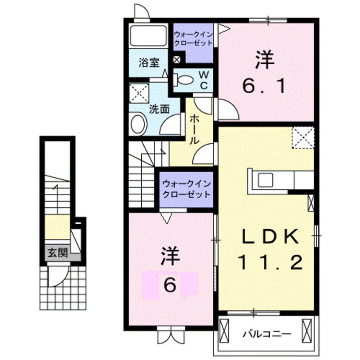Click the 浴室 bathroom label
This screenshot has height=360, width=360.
click(149, 63)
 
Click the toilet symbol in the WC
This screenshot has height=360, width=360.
click(185, 80)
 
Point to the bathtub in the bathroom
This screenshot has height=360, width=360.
click(148, 36)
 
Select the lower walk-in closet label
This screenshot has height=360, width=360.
click(186, 189)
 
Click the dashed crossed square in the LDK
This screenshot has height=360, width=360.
click(303, 138)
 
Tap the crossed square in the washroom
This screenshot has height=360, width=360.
click(139, 93)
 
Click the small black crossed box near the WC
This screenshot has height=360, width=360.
click(177, 60)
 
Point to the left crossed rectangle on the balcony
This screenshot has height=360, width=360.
click(226, 329)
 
